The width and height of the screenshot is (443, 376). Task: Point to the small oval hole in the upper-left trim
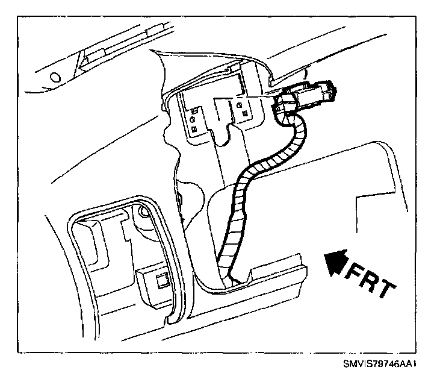tap(56, 77)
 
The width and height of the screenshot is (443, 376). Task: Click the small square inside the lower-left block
tap(161, 279)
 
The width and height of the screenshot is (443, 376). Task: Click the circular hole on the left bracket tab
tap(193, 119)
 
